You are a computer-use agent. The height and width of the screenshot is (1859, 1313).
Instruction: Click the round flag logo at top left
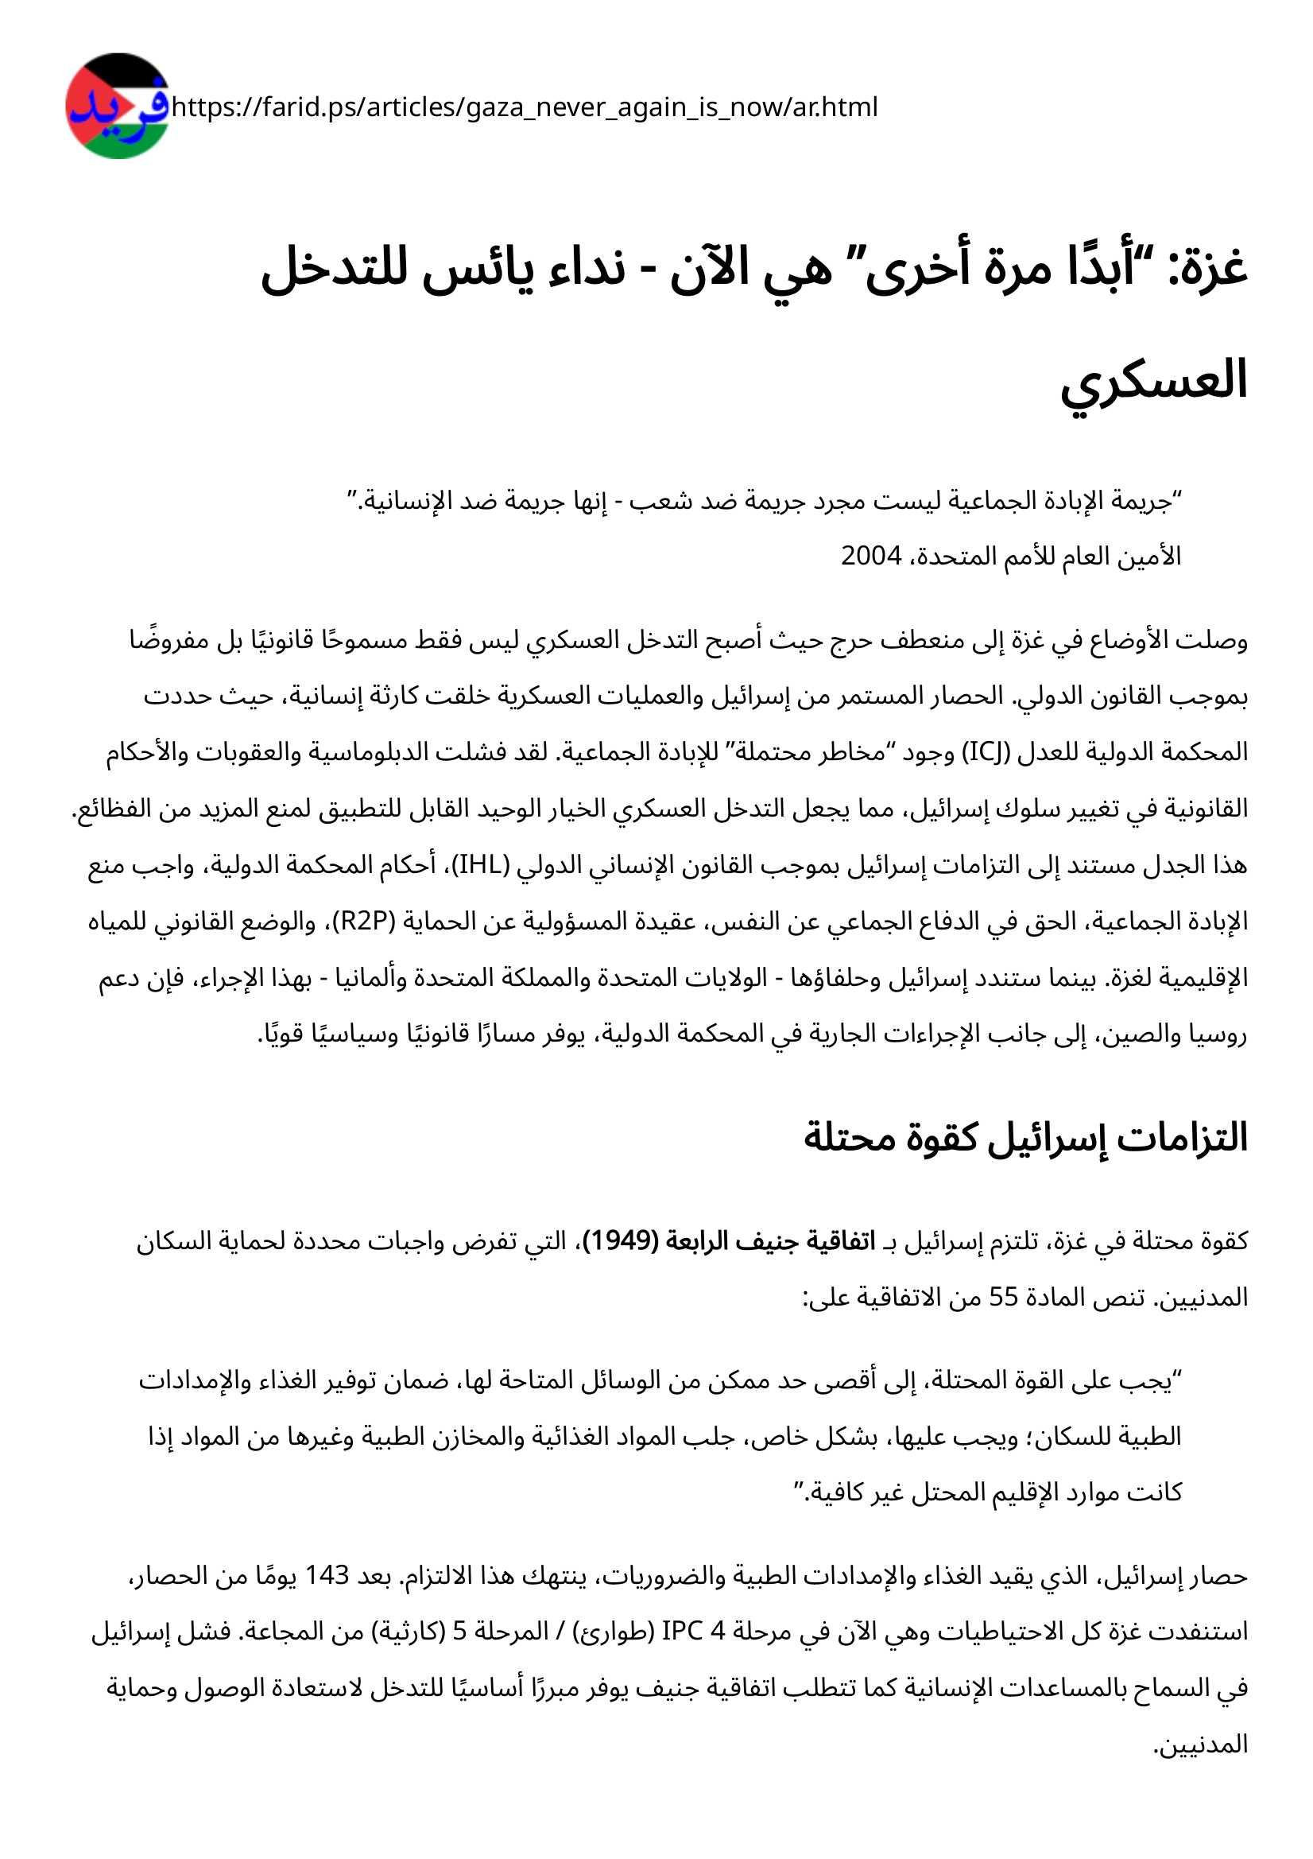118,106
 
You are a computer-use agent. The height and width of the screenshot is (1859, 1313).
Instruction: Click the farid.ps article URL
525,107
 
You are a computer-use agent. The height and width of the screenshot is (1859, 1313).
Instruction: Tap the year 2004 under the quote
871,557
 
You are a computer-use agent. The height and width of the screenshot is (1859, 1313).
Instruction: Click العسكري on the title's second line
1154,381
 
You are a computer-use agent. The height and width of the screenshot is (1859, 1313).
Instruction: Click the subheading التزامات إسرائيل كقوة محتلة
1025,1138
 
